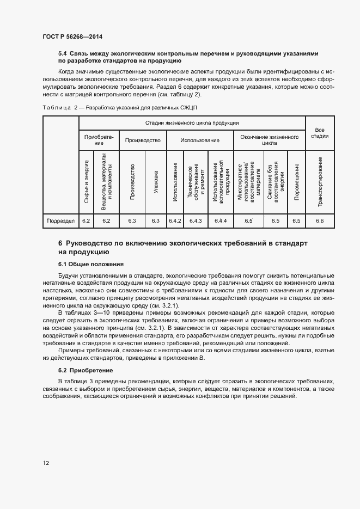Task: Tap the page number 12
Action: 46,463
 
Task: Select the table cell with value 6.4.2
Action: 175,221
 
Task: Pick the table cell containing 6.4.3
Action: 194,221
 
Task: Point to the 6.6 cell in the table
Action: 319,221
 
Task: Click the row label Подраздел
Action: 60,221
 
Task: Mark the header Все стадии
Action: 319,132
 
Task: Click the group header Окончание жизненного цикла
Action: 269,140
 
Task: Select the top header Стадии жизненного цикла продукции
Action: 192,124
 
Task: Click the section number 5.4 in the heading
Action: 62,53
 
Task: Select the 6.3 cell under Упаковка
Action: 155,221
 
